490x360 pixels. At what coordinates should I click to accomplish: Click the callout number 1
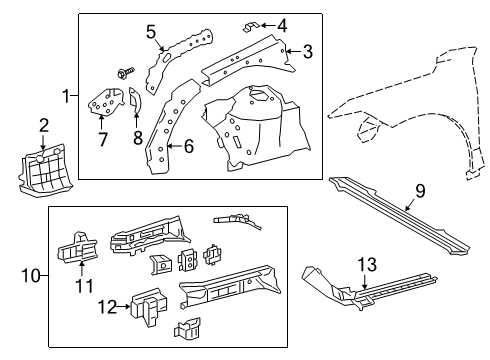tap(65, 97)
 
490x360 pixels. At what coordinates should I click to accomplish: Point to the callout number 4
tap(283, 24)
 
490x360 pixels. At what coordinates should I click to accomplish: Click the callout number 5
tap(151, 31)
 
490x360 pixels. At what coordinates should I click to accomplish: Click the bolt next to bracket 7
tap(128, 73)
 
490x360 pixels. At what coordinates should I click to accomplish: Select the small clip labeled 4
tap(256, 22)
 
